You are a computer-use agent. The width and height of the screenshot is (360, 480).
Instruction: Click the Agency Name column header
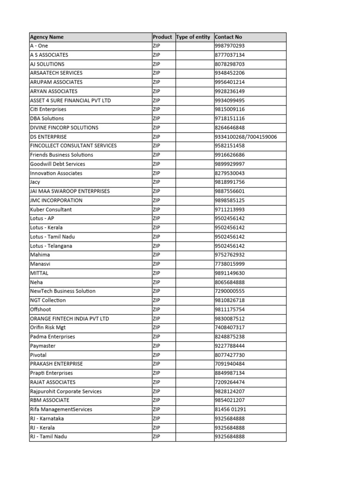pyautogui.click(x=47, y=37)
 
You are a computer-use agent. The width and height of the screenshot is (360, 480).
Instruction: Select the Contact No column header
pyautogui.click(x=228, y=37)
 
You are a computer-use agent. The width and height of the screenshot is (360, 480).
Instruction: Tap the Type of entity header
pyautogui.click(x=194, y=37)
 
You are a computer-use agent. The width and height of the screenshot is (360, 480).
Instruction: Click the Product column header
pyautogui.click(x=162, y=37)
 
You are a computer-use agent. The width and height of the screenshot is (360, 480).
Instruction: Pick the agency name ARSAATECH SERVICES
pyautogui.click(x=56, y=73)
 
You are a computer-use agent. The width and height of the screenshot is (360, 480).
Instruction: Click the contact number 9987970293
pyautogui.click(x=230, y=46)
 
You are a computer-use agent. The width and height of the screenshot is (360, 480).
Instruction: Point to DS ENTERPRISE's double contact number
pyautogui.click(x=246, y=137)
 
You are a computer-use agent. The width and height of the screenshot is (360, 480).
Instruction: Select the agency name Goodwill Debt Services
pyautogui.click(x=58, y=164)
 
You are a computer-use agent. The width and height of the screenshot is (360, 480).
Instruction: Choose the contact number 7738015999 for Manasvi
pyautogui.click(x=230, y=264)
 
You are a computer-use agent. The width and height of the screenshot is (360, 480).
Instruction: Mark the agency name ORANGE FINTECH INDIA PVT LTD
pyautogui.click(x=69, y=319)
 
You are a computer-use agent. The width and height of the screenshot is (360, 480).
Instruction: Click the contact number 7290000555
pyautogui.click(x=230, y=291)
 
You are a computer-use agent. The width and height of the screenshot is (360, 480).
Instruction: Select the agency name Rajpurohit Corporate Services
pyautogui.click(x=66, y=391)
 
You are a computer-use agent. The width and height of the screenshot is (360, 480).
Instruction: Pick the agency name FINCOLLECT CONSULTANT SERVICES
pyautogui.click(x=73, y=146)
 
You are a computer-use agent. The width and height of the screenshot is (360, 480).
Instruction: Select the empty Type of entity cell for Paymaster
pyautogui.click(x=194, y=346)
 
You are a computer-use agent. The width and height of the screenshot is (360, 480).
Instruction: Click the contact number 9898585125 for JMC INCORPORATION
pyautogui.click(x=230, y=201)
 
